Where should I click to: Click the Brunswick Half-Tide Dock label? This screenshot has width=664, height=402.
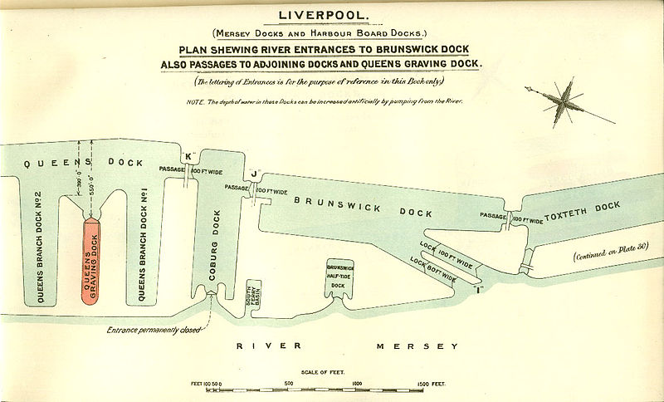[339, 275]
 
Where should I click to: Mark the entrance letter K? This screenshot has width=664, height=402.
[188, 155]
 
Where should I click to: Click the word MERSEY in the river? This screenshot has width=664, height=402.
[413, 346]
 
